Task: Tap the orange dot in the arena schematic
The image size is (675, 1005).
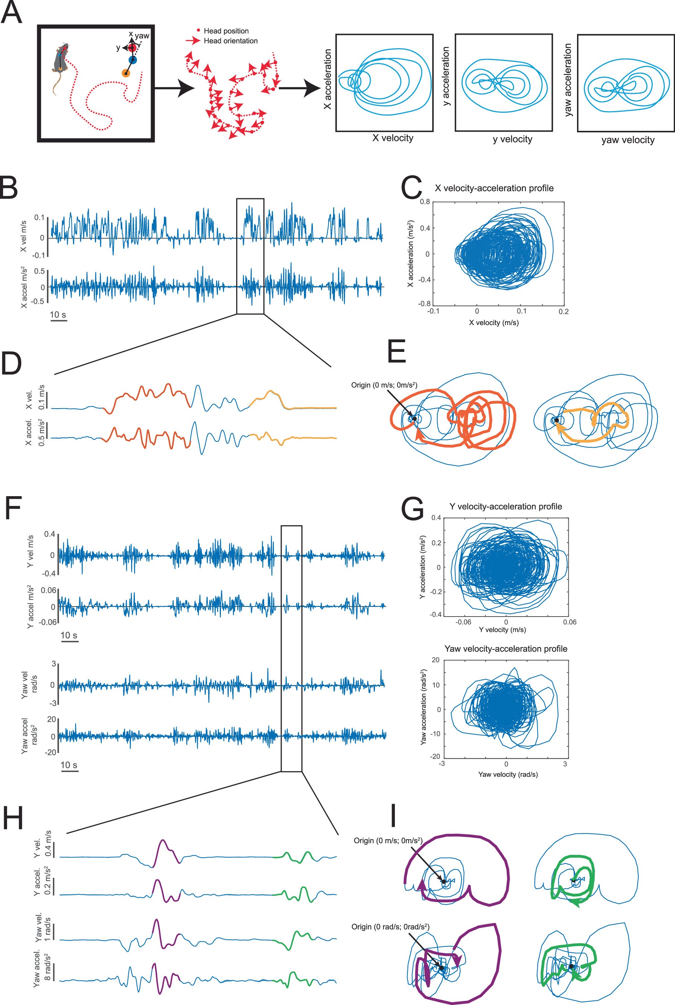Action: pos(125,73)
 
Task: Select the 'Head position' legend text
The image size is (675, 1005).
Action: pos(226,31)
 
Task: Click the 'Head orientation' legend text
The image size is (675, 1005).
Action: pos(230,41)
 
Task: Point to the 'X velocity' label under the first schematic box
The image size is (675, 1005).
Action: pos(393,138)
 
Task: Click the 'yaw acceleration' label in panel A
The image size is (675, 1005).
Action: pos(568,80)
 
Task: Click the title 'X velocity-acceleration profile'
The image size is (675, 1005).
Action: pos(494,188)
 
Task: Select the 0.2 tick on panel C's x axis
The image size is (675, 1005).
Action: pos(564,311)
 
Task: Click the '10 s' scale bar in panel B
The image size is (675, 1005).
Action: pos(58,315)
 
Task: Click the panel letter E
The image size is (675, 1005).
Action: pos(396,352)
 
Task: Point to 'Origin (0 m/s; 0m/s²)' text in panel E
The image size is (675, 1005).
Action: pos(384,385)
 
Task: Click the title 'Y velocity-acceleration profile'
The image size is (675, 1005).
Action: pos(506,507)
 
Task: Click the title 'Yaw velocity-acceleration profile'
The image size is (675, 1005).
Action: pos(506,649)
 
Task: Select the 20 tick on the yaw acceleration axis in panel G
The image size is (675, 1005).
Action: pos(435,660)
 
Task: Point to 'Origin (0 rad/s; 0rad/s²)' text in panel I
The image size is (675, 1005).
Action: pos(390,927)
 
